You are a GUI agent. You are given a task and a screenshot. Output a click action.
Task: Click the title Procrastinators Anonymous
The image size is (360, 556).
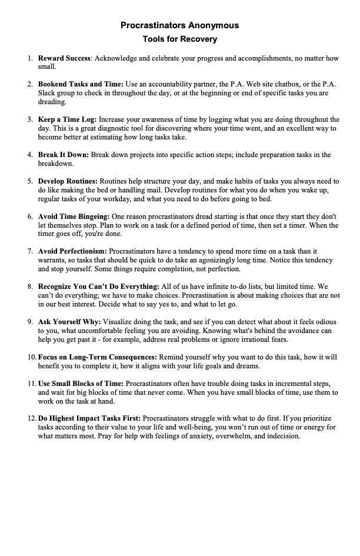[x=179, y=26]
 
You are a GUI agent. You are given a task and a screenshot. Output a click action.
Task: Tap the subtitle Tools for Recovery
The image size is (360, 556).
[x=179, y=39]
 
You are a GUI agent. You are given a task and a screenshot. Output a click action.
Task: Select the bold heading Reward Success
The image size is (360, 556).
[x=64, y=59]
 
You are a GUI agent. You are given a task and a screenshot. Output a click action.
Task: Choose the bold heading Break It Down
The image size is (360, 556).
[x=64, y=155]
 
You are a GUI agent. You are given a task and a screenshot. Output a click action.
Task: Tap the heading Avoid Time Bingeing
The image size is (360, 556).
[x=74, y=217]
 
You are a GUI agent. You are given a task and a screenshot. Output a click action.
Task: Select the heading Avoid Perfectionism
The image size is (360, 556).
[x=72, y=251]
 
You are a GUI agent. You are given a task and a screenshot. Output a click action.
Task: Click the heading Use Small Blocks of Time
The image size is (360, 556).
[x=81, y=384]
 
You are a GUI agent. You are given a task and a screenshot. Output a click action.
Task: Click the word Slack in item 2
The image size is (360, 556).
[x=48, y=93]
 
